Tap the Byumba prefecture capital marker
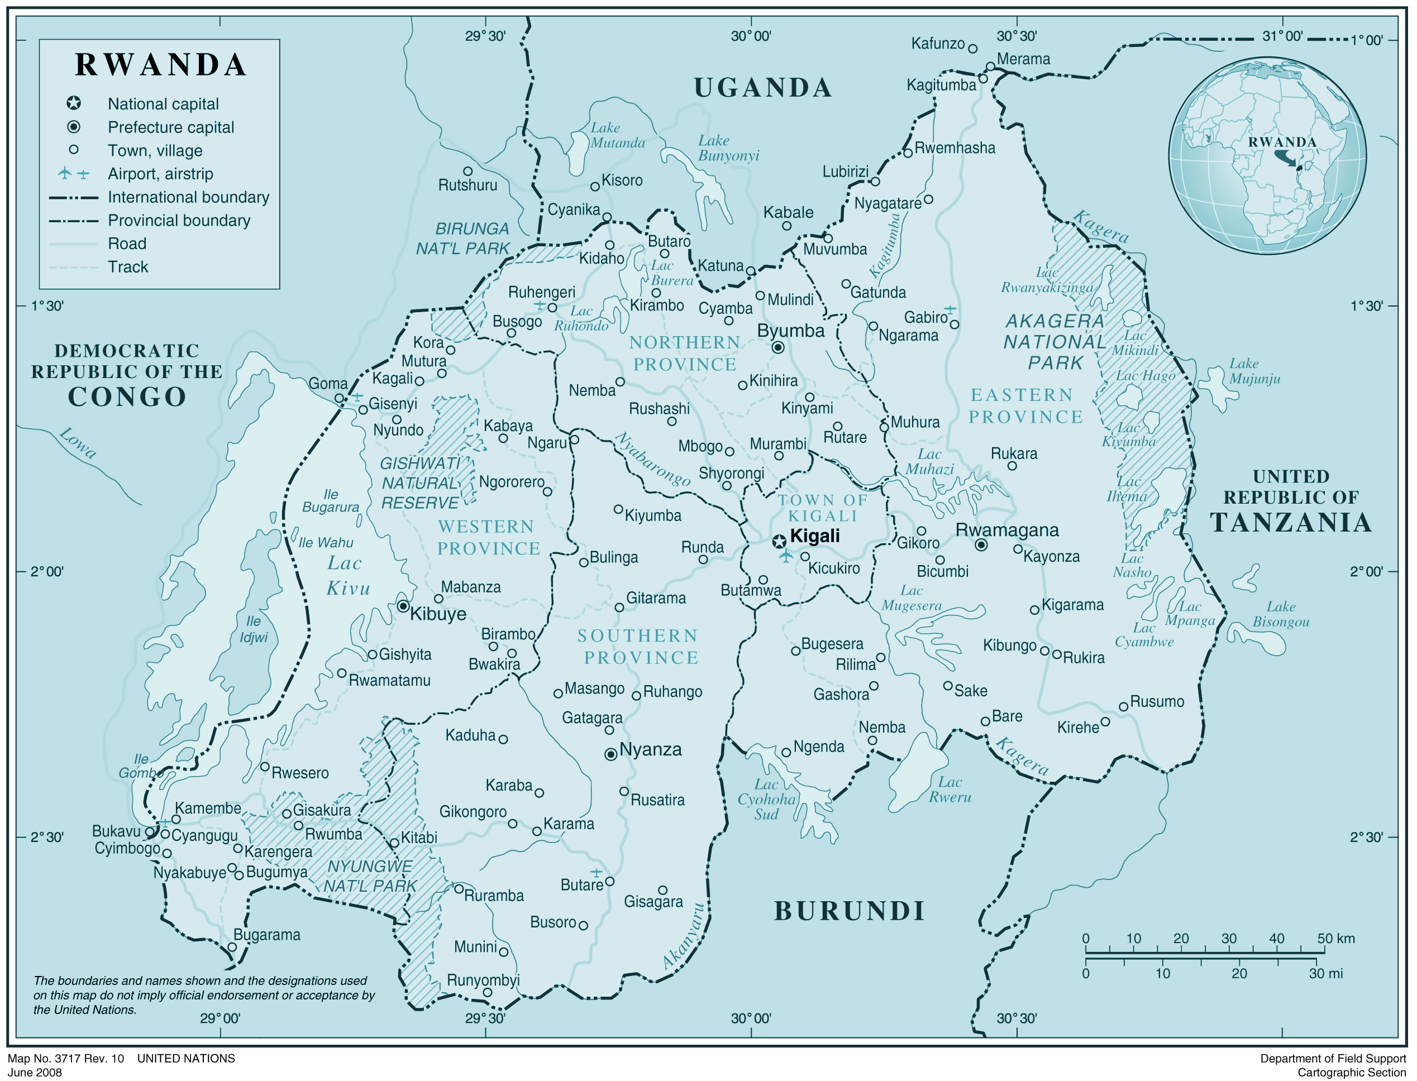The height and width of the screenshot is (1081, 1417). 778,347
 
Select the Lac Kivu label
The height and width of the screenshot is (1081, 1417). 348,575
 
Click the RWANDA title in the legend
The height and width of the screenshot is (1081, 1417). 160,65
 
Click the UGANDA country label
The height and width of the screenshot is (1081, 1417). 762,88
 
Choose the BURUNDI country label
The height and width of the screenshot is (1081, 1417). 850,911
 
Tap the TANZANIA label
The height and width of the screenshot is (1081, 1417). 1291,522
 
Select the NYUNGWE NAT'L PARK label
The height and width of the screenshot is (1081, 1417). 370,876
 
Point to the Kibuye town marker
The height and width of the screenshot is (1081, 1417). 403,606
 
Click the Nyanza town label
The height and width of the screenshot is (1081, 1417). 650,750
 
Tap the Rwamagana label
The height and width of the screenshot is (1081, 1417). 1006,530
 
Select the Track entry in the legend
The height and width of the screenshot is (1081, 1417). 127,267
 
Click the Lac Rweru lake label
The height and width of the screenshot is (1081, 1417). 950,790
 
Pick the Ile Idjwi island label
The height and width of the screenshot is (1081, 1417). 254,629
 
